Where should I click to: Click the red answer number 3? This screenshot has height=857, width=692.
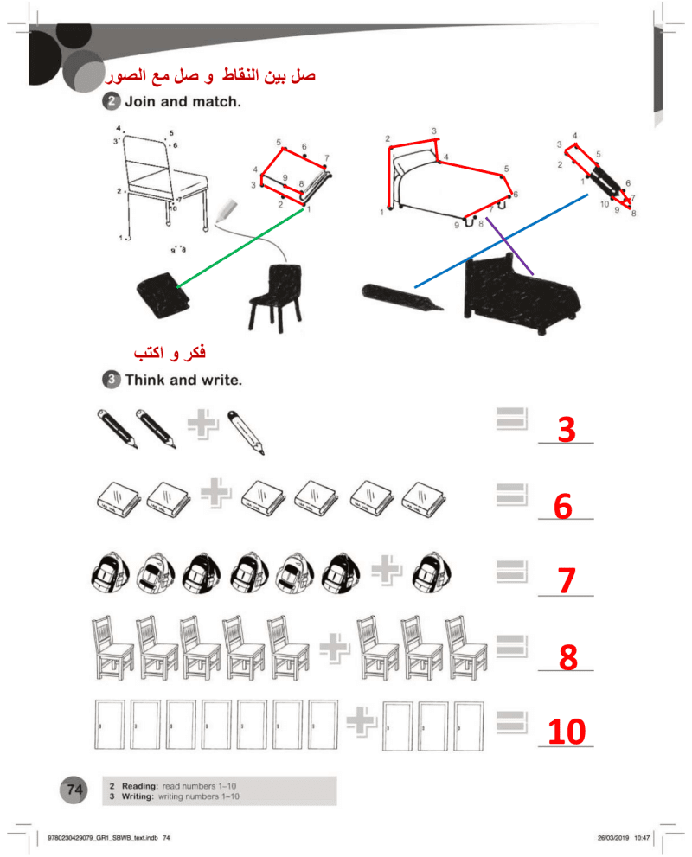click(567, 429)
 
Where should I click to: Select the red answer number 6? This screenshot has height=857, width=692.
click(563, 506)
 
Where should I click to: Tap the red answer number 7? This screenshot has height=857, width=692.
click(567, 580)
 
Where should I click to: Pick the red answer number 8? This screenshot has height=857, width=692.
click(568, 657)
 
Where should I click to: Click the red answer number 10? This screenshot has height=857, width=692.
click(567, 732)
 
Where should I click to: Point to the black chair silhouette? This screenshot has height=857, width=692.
click(276, 297)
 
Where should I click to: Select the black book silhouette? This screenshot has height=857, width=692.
click(163, 295)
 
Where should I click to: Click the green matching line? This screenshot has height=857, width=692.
click(240, 247)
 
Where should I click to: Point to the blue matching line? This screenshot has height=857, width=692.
click(501, 240)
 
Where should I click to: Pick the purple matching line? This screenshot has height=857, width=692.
click(509, 246)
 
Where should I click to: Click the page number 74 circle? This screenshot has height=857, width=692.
click(74, 790)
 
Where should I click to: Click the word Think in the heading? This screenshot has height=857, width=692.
click(145, 380)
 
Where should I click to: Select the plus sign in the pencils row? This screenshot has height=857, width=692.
click(202, 425)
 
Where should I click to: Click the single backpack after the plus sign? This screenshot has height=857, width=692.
click(432, 572)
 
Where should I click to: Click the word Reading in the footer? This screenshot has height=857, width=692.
click(139, 786)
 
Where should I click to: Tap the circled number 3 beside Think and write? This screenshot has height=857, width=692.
click(111, 380)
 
